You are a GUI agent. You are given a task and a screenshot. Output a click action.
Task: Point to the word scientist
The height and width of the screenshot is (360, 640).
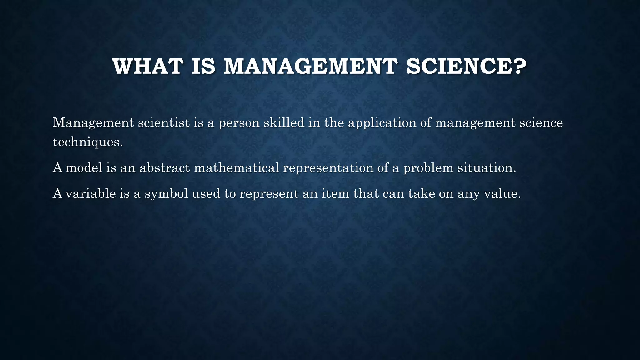pyautogui.click(x=164, y=122)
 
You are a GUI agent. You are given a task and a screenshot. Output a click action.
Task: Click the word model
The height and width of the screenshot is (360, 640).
pyautogui.click(x=84, y=168)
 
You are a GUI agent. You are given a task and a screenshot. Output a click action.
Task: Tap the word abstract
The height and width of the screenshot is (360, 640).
pyautogui.click(x=165, y=168)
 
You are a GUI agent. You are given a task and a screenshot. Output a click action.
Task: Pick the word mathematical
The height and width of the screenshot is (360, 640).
pyautogui.click(x=237, y=168)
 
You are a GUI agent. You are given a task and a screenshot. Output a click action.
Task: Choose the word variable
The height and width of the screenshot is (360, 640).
pyautogui.click(x=91, y=194)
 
